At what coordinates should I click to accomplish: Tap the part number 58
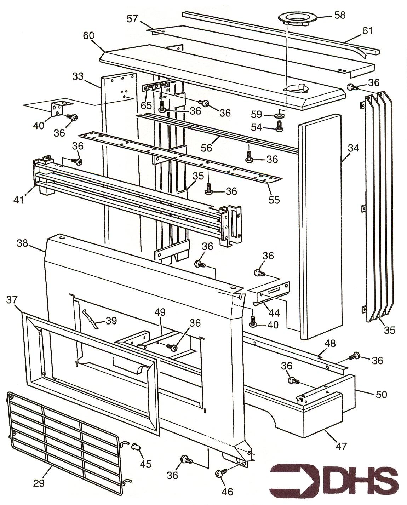point(339,15)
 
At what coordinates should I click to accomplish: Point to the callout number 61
point(368,31)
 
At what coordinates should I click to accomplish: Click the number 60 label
point(89,36)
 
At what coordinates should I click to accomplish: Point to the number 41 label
point(19,200)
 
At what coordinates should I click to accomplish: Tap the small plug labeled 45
point(135,447)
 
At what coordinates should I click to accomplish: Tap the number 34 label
point(353,148)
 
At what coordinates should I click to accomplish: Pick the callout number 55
point(274,200)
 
